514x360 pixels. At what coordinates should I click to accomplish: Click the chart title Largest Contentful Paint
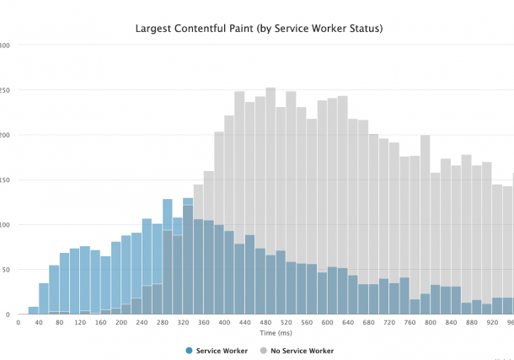tap(259, 29)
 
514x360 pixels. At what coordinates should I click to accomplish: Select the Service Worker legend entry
tap(222, 351)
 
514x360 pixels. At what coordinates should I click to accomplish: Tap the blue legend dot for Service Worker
tap(189, 351)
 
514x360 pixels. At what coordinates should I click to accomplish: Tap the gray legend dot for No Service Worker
tap(262, 351)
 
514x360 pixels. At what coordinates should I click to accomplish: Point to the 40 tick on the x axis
tap(39, 323)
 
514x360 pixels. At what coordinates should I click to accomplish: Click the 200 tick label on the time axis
tap(121, 323)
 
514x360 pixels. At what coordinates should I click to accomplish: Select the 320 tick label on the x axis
tap(183, 323)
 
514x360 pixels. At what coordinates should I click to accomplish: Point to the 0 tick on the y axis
tap(7, 314)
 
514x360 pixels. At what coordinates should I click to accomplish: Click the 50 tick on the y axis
tap(4, 270)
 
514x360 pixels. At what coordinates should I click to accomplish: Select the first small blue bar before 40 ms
tap(34, 310)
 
